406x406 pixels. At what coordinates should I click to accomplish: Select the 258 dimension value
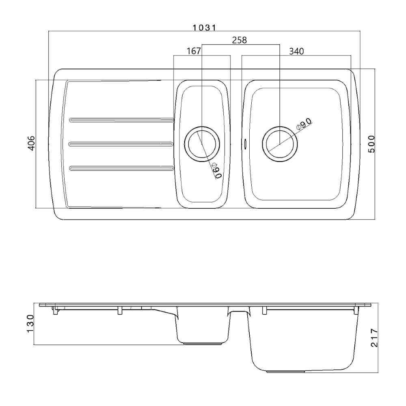239,40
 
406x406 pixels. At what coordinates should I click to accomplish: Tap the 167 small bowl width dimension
194,51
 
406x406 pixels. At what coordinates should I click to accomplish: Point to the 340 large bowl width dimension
296,51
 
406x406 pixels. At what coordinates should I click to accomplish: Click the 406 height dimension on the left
31,143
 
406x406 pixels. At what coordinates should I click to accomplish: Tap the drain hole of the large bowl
280,144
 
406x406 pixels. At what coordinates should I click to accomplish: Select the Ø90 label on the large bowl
304,123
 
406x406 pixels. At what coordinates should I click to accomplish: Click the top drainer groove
121,120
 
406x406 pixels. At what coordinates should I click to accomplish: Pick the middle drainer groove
121,144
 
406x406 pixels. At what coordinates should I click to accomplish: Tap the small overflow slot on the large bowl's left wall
245,143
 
